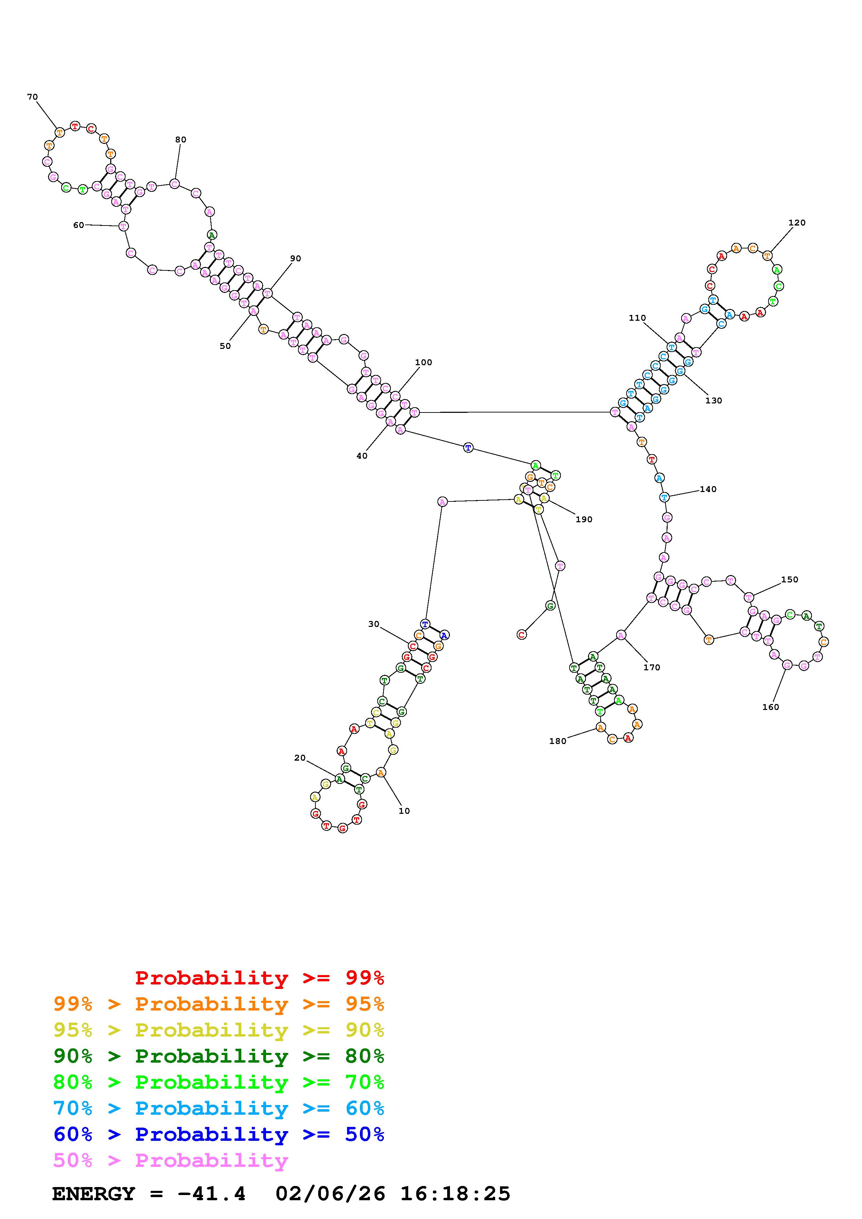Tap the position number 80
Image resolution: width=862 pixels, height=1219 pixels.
[x=180, y=140]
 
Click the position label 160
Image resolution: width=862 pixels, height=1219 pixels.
[x=770, y=707]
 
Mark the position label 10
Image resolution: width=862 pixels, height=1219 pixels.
[x=404, y=811]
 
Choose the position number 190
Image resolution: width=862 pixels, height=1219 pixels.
[x=584, y=519]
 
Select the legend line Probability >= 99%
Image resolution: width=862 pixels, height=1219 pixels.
[x=260, y=978]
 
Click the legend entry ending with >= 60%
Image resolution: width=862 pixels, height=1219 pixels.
[x=219, y=1108]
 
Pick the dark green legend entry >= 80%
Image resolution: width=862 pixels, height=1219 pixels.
[x=219, y=1056]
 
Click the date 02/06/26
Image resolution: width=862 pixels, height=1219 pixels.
[x=330, y=1194]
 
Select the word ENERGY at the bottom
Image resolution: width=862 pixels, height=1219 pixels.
[x=94, y=1194]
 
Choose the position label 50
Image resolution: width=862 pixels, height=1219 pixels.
[x=225, y=346]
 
